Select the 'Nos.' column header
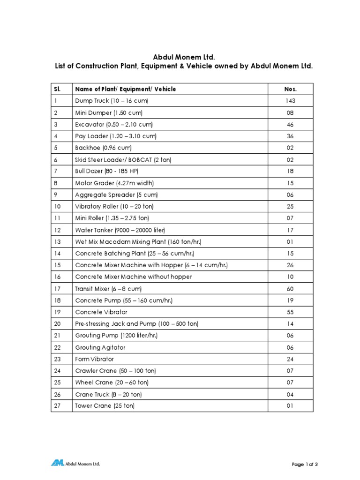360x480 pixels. (291, 89)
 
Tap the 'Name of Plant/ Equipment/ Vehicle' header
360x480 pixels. (126, 89)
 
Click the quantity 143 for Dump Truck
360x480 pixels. (290, 101)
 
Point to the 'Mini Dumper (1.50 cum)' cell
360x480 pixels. (109, 113)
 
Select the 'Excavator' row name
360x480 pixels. (114, 125)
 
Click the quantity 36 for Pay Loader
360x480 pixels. (290, 136)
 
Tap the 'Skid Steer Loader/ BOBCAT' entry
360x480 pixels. (123, 160)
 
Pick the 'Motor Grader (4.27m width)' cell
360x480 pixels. (114, 183)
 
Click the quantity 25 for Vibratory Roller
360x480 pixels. (290, 207)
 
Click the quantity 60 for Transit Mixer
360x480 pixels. (290, 289)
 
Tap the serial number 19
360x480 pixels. (57, 312)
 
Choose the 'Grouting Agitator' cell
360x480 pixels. (100, 347)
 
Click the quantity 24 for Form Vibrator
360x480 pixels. (290, 359)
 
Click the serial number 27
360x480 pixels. (57, 406)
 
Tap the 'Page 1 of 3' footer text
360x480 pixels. (305, 465)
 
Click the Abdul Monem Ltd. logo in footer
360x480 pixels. (75, 464)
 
